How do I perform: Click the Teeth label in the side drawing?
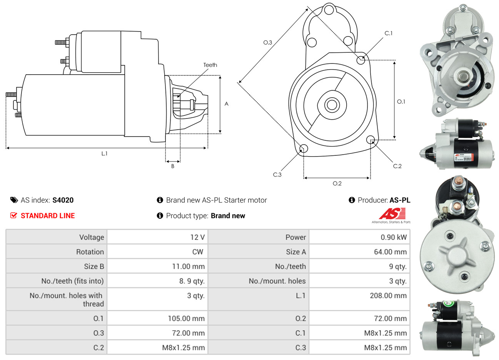210,65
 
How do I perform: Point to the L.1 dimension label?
104,153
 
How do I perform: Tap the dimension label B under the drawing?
173,166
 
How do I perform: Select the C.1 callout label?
389,33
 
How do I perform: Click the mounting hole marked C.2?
371,139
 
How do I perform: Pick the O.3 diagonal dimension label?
267,42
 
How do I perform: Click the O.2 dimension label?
337,183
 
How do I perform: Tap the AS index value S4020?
63,200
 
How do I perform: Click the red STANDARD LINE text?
48,216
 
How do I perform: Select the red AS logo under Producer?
392,214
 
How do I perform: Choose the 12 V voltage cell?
197,237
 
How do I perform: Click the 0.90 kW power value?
394,237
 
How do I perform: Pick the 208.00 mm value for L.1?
388,296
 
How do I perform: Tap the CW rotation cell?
197,252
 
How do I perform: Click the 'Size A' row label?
296,252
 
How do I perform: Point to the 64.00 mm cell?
390,252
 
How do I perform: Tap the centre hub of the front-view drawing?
331,105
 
